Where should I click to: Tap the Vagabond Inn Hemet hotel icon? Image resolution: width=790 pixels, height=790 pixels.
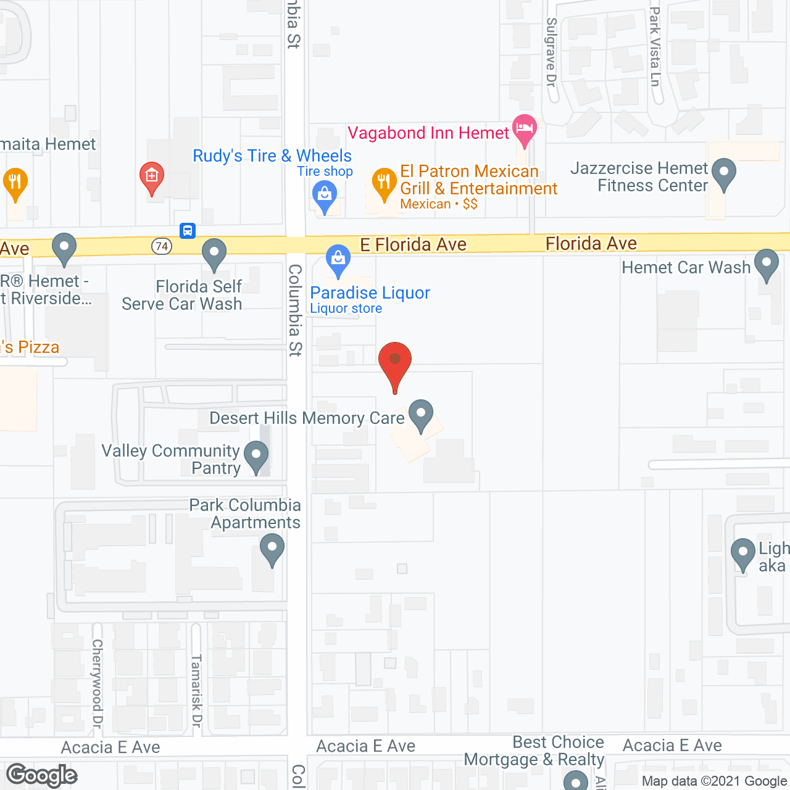(x=524, y=129)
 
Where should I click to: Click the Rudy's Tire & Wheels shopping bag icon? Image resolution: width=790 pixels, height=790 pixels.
(x=325, y=196)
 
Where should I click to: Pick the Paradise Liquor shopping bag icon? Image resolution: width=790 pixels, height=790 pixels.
(x=338, y=260)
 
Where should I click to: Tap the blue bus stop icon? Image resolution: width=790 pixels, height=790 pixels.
(x=188, y=231)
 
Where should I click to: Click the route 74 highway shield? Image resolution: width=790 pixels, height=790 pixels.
(x=161, y=246)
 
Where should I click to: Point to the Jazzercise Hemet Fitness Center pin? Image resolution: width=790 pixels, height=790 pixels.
(x=723, y=173)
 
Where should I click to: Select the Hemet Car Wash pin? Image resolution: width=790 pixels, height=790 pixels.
(x=767, y=264)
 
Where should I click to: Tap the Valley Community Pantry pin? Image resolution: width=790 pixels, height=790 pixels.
(x=256, y=456)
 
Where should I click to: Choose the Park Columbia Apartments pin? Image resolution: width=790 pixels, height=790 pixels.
(x=272, y=548)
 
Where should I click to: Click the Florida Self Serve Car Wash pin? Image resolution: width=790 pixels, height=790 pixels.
(x=214, y=254)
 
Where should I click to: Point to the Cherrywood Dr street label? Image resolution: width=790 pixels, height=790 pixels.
(x=98, y=683)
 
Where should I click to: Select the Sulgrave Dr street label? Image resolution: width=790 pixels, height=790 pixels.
(x=551, y=52)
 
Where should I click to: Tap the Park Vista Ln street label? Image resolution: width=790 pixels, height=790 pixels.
(x=655, y=46)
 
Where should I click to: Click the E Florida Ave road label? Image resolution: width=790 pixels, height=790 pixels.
(x=413, y=244)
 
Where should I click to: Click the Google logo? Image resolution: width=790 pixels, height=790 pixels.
(x=42, y=775)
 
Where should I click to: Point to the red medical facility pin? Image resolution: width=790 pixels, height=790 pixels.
(x=151, y=177)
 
